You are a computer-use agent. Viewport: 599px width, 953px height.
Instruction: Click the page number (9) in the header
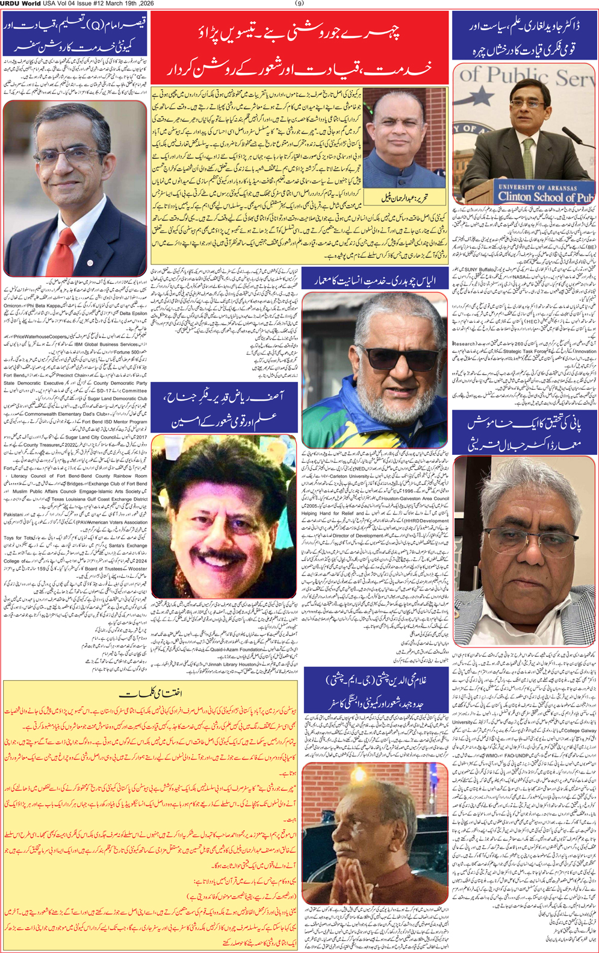[299, 4]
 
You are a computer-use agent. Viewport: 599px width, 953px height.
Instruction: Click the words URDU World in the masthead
[20, 4]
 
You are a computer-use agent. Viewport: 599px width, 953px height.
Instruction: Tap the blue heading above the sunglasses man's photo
[374, 280]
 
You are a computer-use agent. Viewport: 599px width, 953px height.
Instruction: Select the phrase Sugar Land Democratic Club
[117, 398]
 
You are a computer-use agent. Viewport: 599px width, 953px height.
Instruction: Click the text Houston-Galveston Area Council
[415, 498]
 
